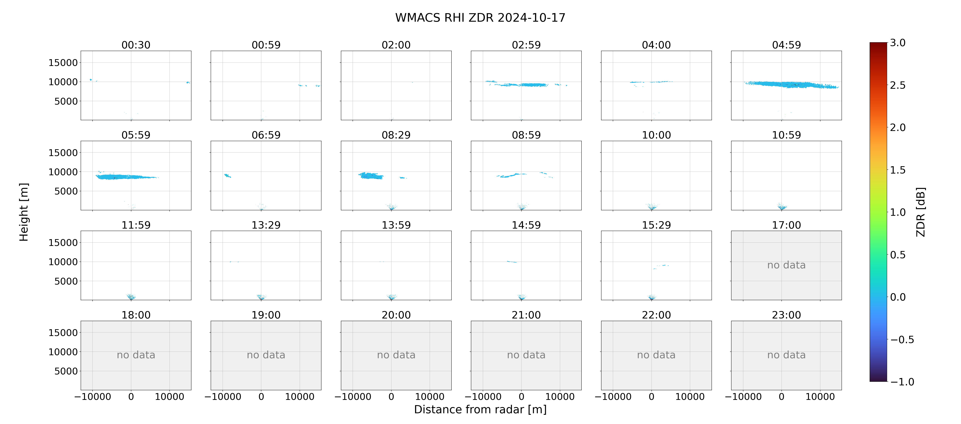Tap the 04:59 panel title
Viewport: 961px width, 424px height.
(x=786, y=45)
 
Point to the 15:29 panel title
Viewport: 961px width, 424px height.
(x=656, y=225)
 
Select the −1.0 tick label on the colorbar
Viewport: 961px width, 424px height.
(x=902, y=382)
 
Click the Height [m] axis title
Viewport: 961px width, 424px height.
(x=24, y=212)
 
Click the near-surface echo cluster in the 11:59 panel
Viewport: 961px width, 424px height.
(x=131, y=297)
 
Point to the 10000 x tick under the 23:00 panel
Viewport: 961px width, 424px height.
(x=820, y=397)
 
